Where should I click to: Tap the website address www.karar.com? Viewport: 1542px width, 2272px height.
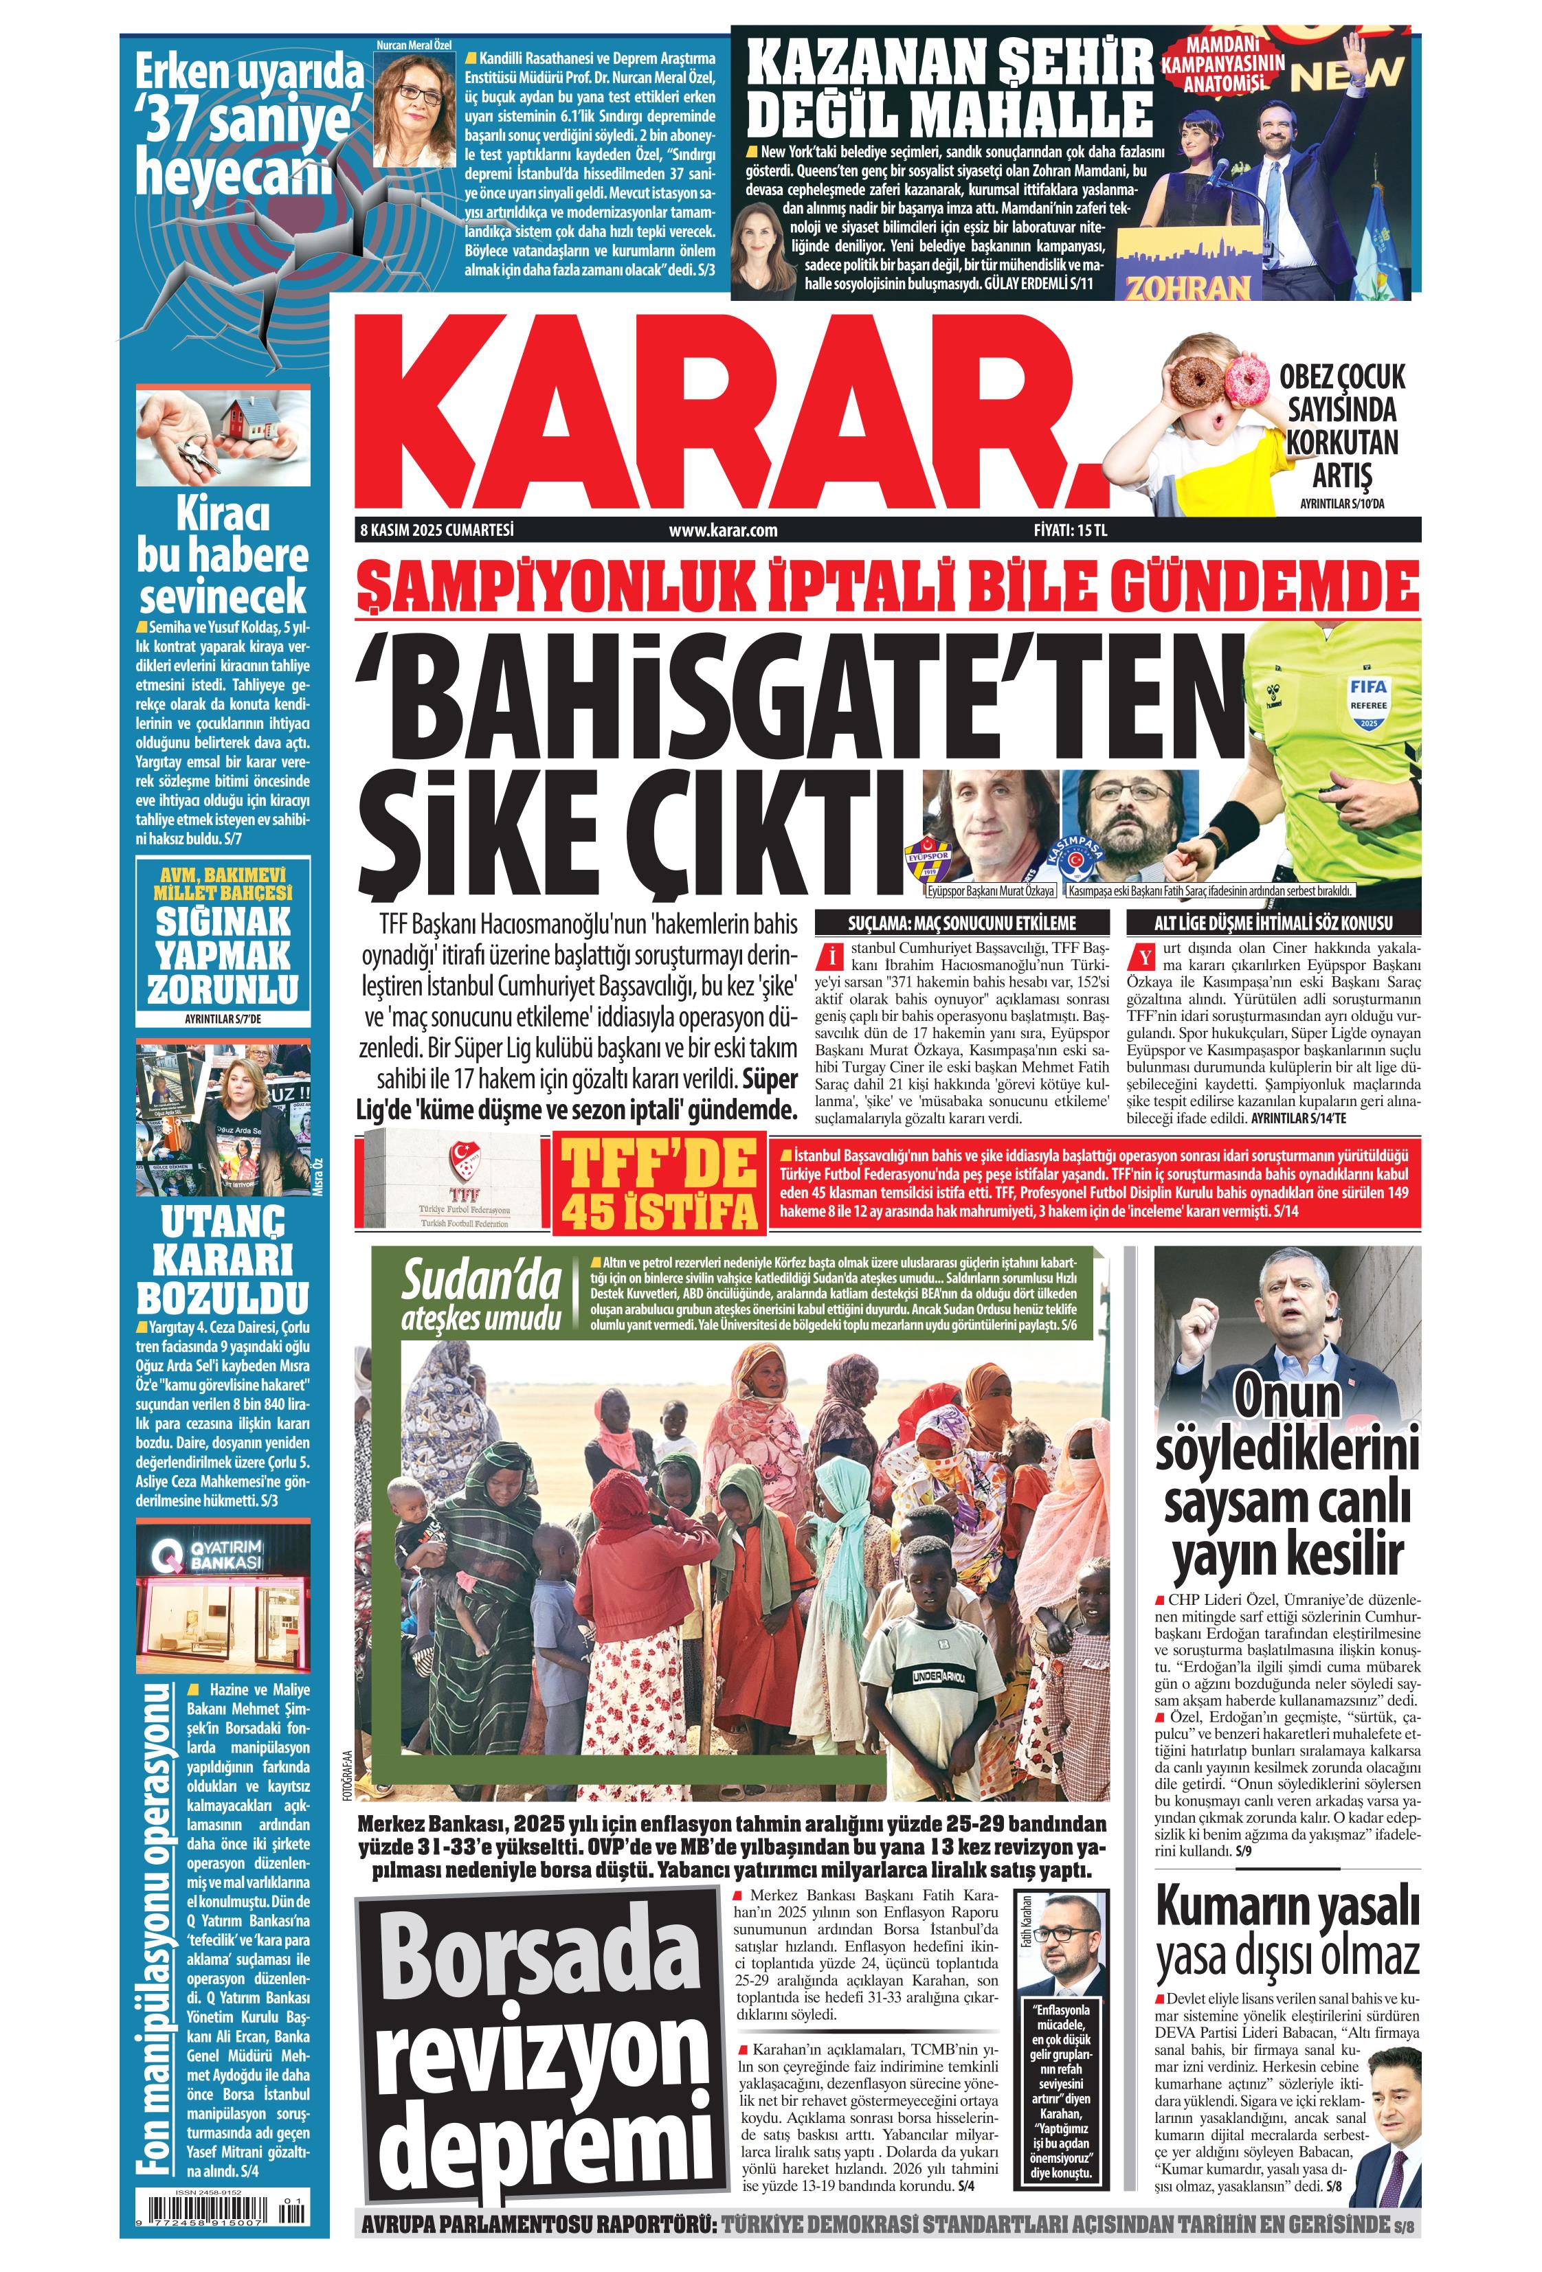point(723,531)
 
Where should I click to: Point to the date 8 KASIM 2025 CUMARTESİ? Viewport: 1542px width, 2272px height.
point(437,531)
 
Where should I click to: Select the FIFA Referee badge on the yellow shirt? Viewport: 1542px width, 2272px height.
point(1368,702)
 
